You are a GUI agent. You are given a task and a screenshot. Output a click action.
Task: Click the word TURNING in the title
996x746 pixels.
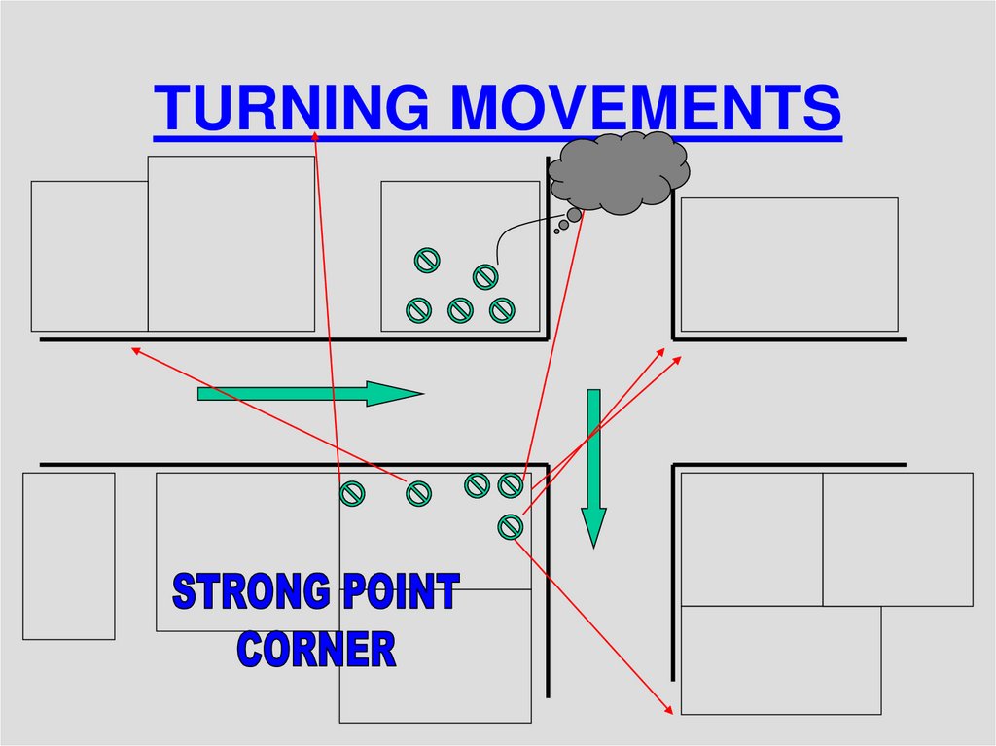pos(290,107)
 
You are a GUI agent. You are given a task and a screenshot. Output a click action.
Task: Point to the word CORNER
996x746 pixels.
pos(317,649)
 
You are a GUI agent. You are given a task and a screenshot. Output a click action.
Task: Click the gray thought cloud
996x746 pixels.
pos(619,172)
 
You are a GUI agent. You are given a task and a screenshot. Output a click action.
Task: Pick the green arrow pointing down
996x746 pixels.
pos(593,467)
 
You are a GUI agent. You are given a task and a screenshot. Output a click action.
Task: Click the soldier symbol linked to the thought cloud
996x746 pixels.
pos(485,277)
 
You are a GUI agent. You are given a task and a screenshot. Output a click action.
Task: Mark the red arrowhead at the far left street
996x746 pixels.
pos(135,348)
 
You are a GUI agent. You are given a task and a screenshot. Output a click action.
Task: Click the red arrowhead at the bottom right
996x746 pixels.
pos(669,711)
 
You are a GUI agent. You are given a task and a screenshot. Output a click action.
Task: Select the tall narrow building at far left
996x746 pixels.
pos(69,555)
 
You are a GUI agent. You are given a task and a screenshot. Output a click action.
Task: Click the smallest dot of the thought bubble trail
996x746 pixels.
pos(556,231)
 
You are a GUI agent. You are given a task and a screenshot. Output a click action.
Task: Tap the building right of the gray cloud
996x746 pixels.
pos(789,265)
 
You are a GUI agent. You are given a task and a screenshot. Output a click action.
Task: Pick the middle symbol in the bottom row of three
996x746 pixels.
pos(460,310)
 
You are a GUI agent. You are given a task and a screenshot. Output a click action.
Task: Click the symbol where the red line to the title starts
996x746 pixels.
pos(351,494)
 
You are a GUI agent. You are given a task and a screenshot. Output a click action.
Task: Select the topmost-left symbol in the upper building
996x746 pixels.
pos(427,260)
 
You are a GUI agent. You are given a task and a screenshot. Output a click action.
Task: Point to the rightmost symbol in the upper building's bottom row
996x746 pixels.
pos(501,310)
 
